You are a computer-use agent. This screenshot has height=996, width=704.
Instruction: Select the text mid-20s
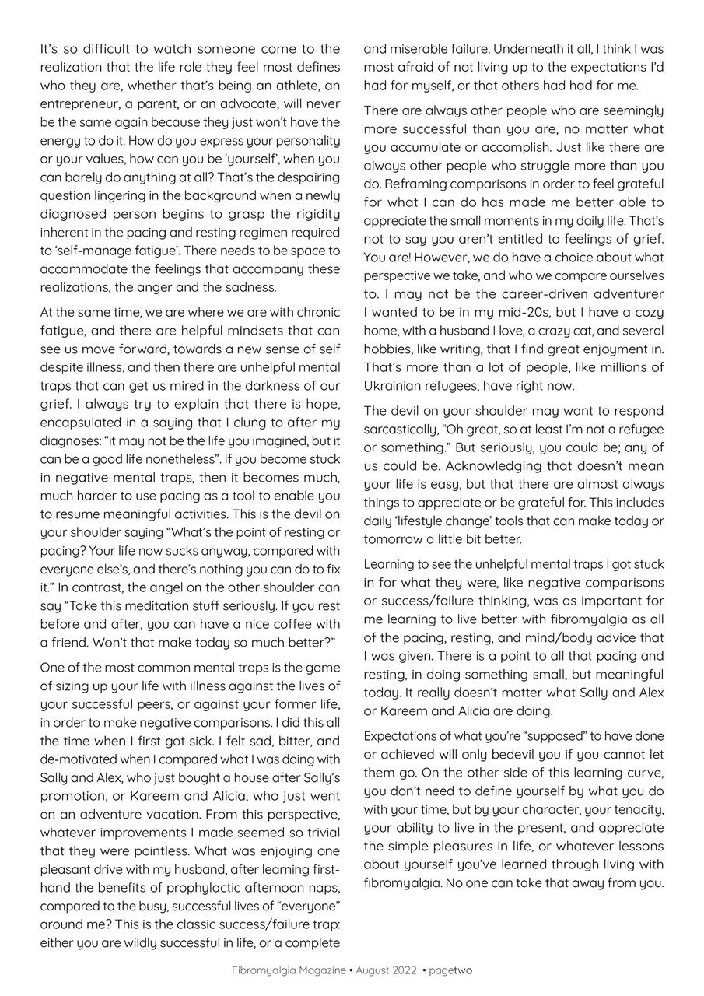(x=530, y=312)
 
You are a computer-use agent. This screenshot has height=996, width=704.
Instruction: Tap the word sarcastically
(x=401, y=430)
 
